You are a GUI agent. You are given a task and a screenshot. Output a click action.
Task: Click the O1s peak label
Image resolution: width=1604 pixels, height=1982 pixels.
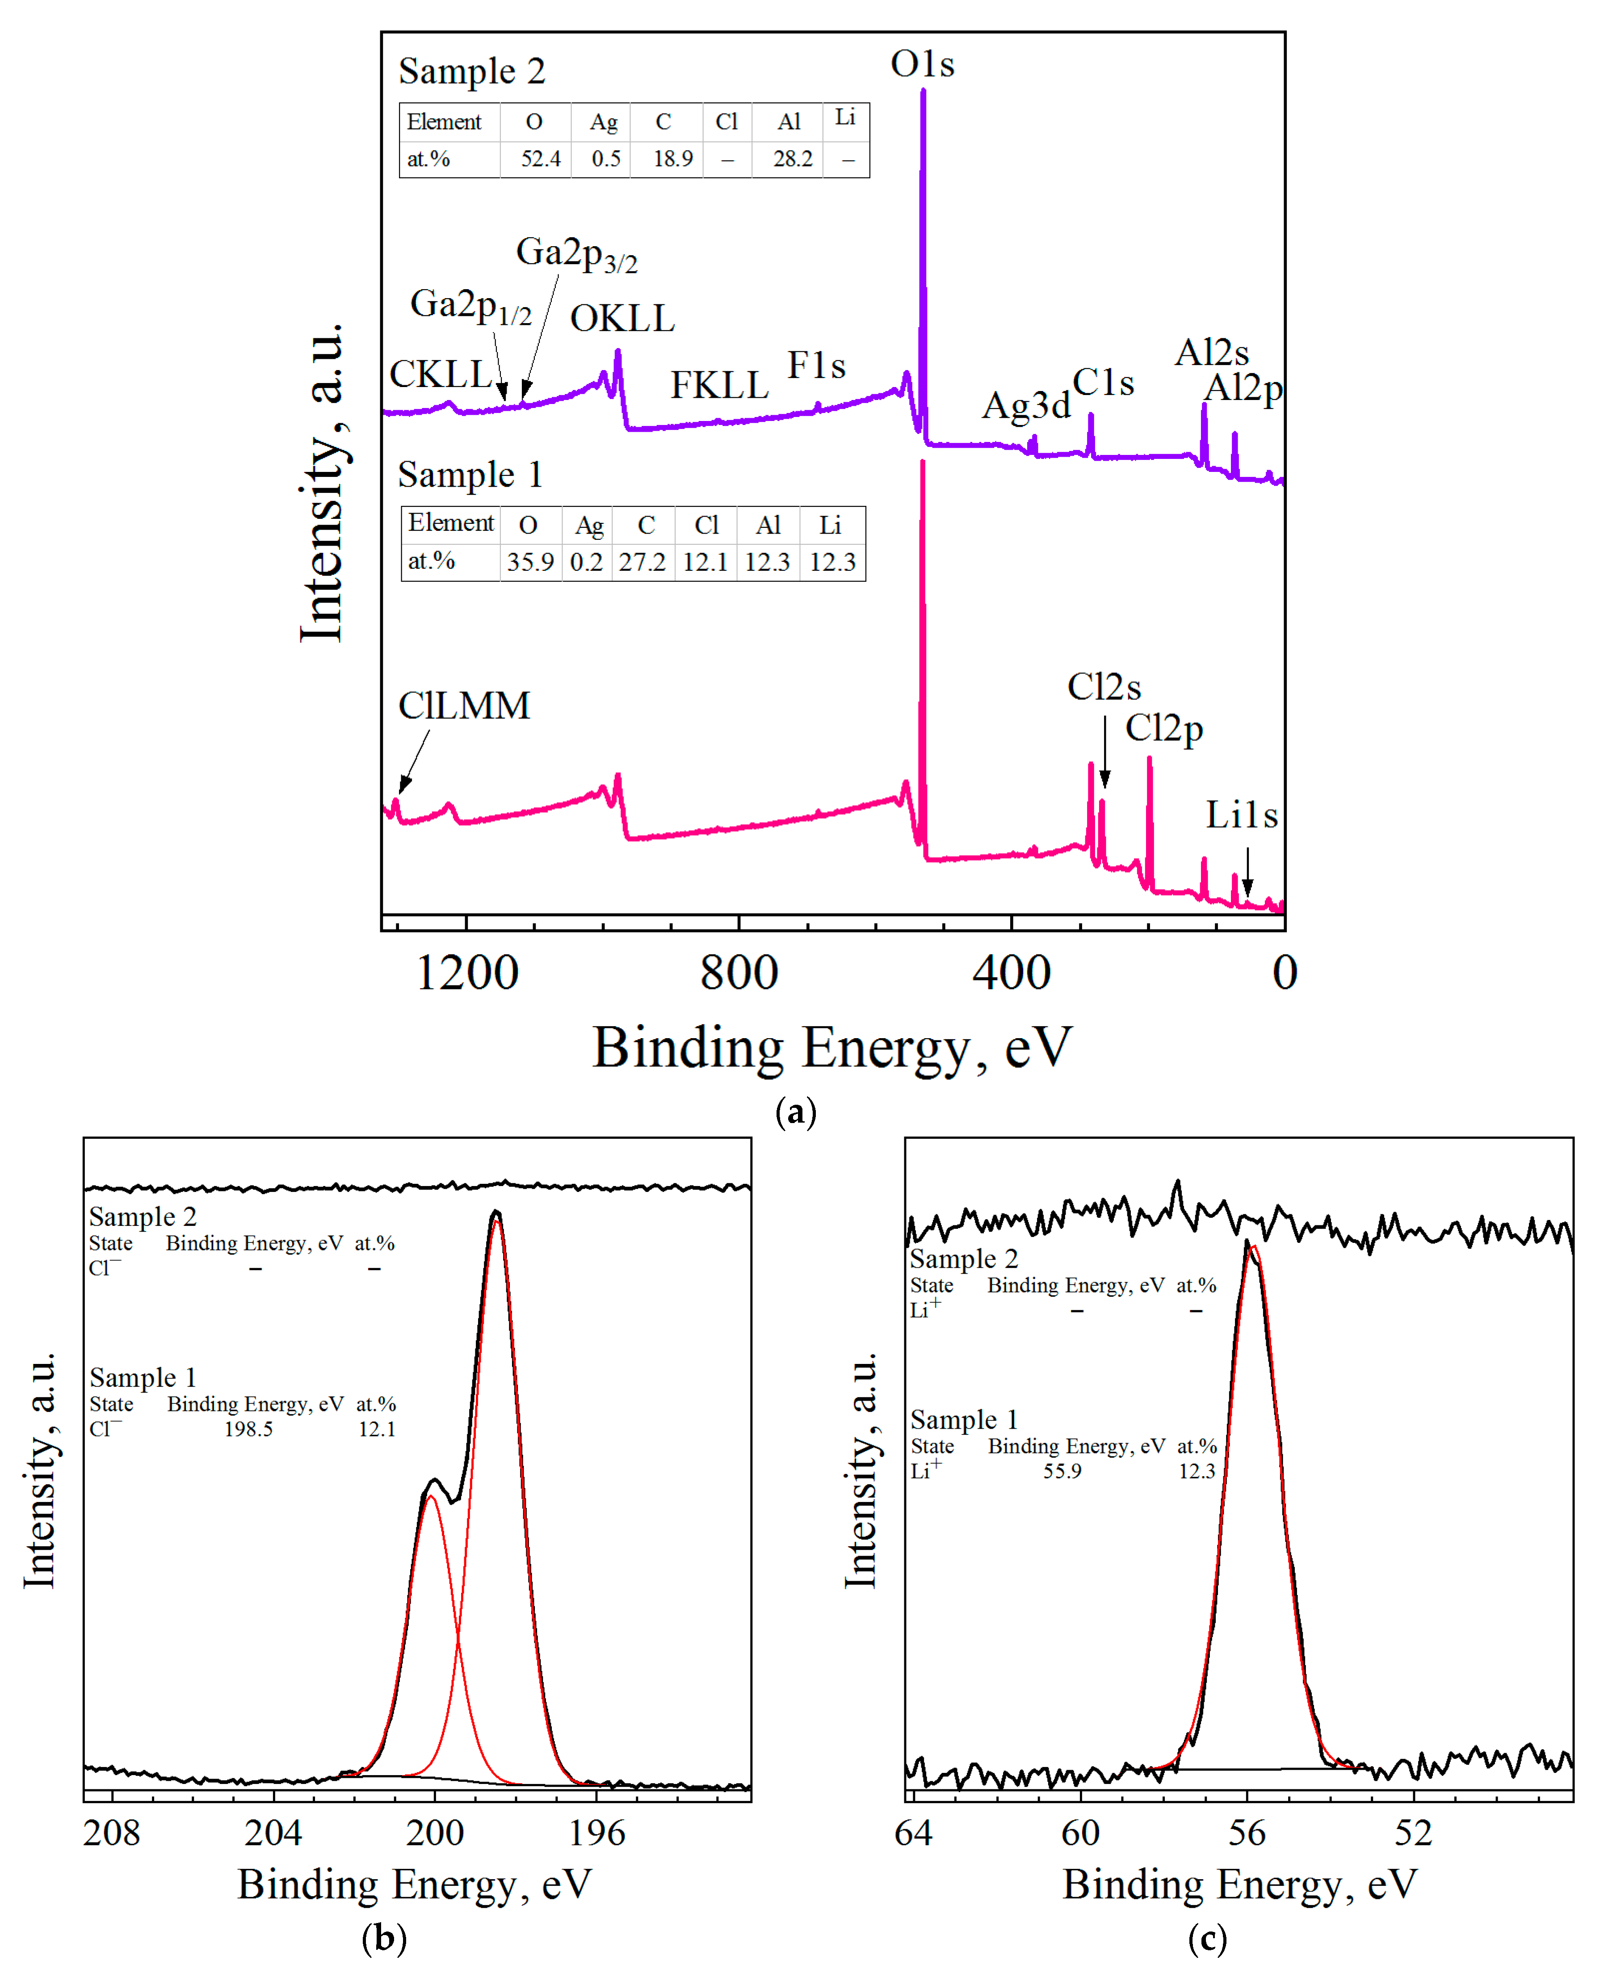(922, 65)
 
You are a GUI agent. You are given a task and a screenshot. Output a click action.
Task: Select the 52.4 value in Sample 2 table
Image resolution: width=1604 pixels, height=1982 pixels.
(541, 159)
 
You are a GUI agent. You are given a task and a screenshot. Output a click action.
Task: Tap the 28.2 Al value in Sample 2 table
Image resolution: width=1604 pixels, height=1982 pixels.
(792, 159)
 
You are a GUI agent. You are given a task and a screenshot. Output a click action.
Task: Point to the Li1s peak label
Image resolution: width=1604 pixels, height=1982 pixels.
(1242, 815)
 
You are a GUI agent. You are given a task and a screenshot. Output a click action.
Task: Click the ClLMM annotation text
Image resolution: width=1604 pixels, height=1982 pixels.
(464, 706)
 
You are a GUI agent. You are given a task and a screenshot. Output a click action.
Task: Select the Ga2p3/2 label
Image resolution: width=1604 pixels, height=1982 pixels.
(575, 253)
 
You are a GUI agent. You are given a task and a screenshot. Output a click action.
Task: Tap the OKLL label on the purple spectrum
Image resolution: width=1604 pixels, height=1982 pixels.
(622, 319)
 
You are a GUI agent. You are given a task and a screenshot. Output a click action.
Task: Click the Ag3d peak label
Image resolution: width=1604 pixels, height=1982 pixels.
(1025, 405)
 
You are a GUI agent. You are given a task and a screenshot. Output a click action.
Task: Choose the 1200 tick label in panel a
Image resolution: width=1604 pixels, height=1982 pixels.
(466, 973)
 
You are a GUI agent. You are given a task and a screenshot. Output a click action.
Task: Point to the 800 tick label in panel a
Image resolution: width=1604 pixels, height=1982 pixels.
(739, 973)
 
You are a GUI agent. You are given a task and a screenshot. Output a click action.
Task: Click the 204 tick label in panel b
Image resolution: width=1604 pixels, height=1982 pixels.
(273, 1832)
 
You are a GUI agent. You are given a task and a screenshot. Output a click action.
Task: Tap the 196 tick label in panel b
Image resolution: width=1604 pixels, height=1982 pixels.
(596, 1832)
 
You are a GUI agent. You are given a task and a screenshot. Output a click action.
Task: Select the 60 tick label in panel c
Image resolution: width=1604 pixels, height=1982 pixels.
(1080, 1832)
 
